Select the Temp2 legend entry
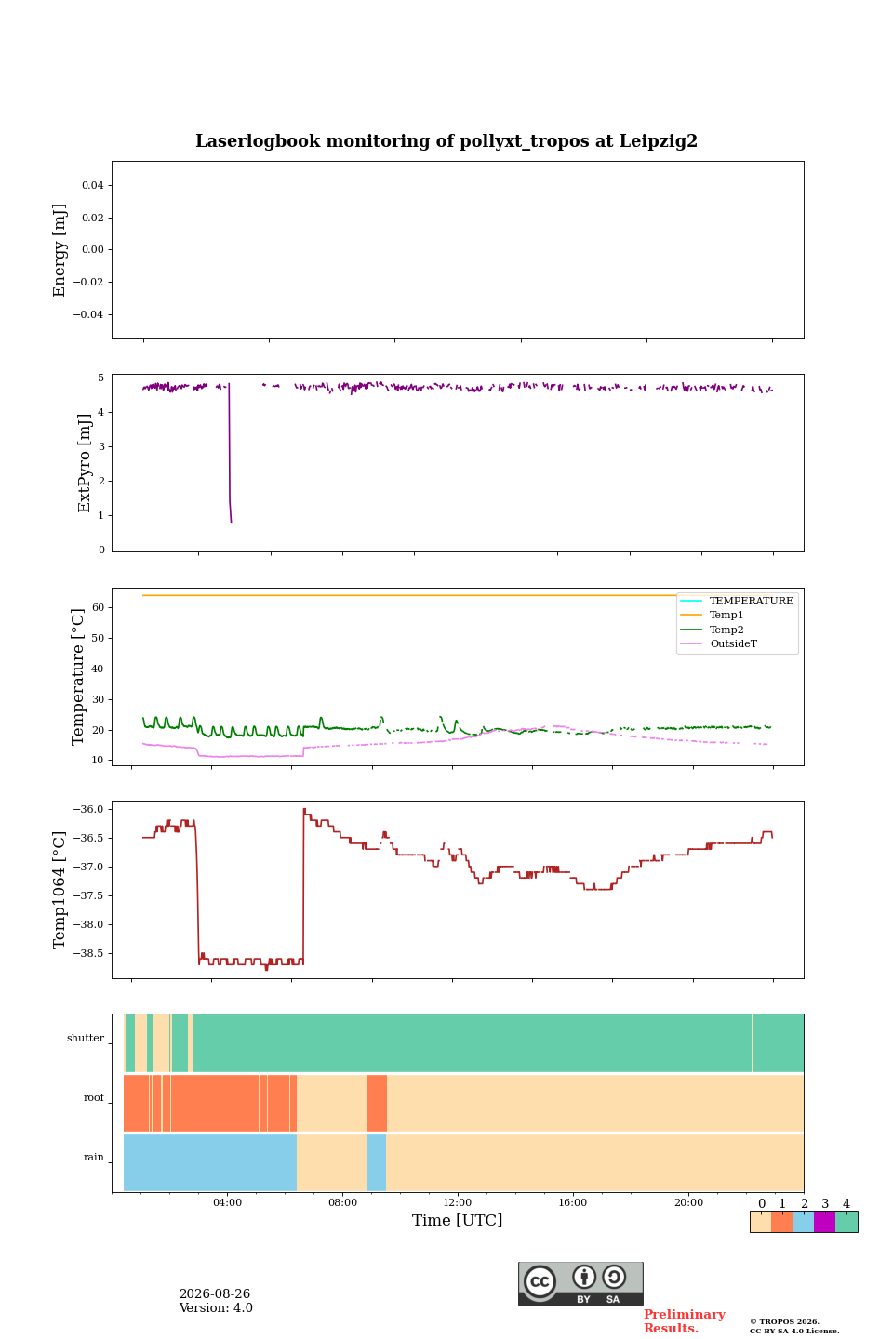point(726,630)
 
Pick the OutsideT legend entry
point(733,643)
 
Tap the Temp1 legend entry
point(726,616)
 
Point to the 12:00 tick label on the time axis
point(457,1202)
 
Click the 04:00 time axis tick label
point(227,1202)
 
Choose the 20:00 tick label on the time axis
point(688,1202)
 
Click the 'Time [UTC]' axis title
point(457,1220)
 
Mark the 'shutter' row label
point(86,1038)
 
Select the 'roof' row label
point(94,1097)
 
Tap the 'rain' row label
point(94,1157)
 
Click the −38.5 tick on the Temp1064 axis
point(88,953)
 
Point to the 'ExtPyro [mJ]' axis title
point(85,463)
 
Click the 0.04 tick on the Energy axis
point(93,185)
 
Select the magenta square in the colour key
point(824,1222)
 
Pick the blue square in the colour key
point(803,1222)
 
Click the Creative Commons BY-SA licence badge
point(580,1283)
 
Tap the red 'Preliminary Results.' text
point(685,1321)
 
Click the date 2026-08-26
point(215,1293)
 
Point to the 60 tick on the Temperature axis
point(98,607)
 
